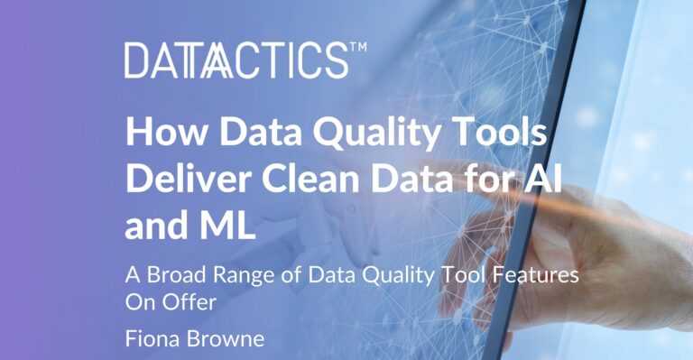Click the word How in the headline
click(161, 134)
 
